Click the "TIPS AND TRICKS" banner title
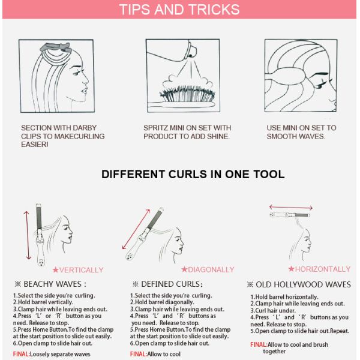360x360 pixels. [x=179, y=10]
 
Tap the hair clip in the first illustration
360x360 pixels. [x=55, y=47]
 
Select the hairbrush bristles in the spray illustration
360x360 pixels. [x=187, y=94]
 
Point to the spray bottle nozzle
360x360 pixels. [x=190, y=56]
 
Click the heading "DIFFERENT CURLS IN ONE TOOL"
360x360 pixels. [x=193, y=174]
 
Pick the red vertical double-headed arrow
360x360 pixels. [x=28, y=235]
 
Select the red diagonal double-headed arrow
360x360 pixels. [x=136, y=229]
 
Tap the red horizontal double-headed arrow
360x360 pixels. [x=290, y=208]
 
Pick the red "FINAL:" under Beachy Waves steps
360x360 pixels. [x=22, y=354]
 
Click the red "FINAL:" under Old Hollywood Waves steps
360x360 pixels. [x=259, y=344]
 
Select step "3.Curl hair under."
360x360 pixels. [x=273, y=310]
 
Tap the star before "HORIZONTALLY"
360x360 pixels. [x=291, y=269]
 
